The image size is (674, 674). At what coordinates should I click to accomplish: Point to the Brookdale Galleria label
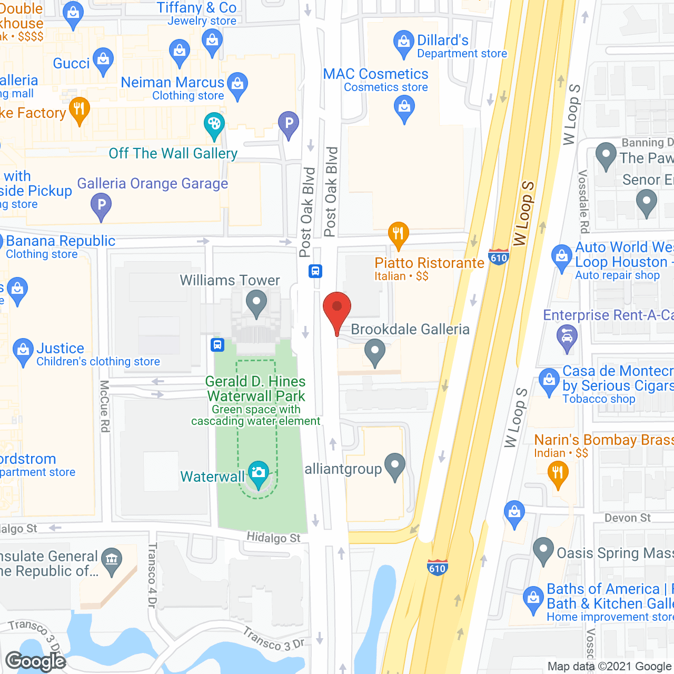[410, 330]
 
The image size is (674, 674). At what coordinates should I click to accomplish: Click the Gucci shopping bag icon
[103, 61]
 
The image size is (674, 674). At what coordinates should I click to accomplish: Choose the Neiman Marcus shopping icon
[237, 86]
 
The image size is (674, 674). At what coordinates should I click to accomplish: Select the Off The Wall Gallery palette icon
[214, 125]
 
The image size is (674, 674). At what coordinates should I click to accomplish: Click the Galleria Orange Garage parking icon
[101, 205]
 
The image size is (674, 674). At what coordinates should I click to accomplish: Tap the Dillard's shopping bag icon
[403, 43]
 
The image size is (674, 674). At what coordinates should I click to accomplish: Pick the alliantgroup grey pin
[395, 466]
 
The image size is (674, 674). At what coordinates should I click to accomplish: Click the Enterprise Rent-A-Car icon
[567, 338]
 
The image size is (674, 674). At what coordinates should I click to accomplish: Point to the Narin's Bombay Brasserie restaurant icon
[558, 473]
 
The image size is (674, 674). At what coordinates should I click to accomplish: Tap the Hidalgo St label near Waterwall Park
[273, 538]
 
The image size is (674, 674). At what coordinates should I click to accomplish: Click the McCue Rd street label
[104, 406]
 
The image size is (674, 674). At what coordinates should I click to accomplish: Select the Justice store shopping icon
[23, 351]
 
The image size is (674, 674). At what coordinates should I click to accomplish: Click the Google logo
[36, 661]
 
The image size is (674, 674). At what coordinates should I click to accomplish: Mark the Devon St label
[627, 518]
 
